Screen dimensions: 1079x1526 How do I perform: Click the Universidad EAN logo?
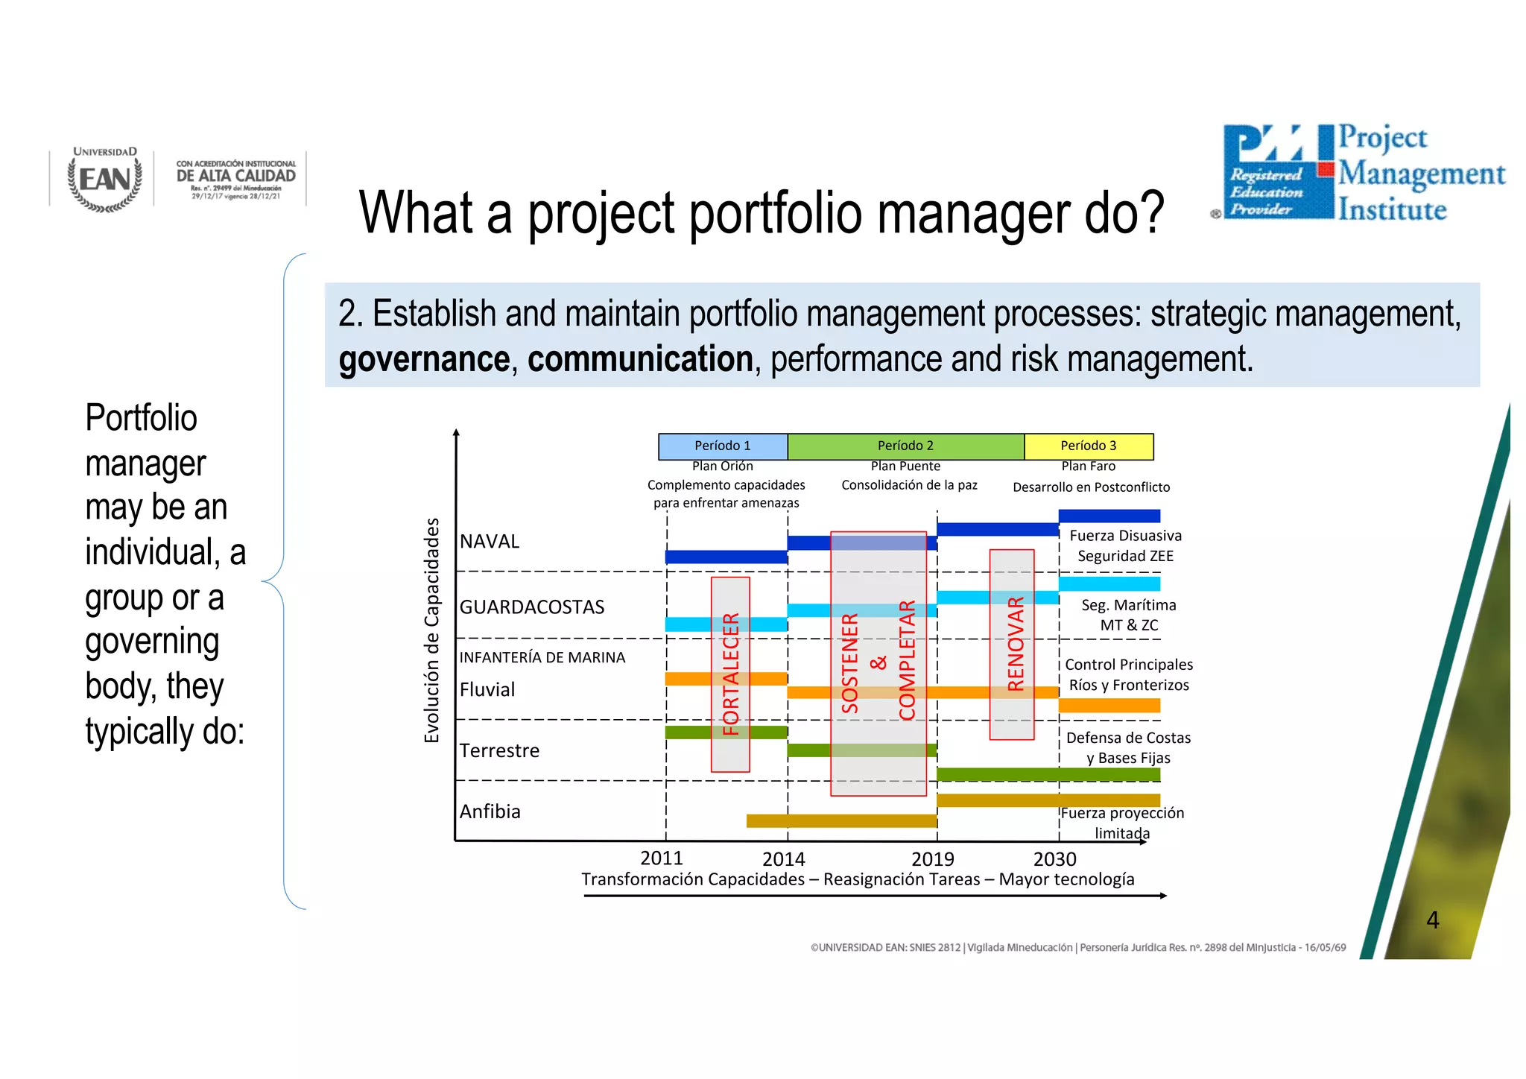click(x=104, y=179)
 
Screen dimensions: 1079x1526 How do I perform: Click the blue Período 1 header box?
click(x=722, y=446)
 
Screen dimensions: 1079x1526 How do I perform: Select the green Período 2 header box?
click(x=905, y=446)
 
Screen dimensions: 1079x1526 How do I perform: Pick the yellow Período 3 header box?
click(x=1088, y=446)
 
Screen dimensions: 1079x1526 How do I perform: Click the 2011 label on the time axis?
click(x=661, y=858)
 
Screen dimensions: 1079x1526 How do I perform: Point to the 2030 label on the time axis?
click(x=1054, y=859)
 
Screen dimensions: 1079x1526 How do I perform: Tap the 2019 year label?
click(x=932, y=859)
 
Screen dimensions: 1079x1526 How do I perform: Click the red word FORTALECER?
click(x=731, y=674)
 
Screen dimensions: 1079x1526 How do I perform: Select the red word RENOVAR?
click(x=1016, y=644)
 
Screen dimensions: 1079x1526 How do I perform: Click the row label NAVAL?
click(x=490, y=542)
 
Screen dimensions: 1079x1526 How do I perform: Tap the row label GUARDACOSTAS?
click(x=532, y=607)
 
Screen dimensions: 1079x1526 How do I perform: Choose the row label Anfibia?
click(x=490, y=811)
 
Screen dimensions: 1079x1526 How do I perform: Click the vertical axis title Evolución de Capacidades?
click(x=431, y=630)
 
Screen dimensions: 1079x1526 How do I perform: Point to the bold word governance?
click(x=424, y=359)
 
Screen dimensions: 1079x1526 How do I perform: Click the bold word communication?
click(x=640, y=359)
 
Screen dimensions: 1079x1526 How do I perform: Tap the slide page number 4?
click(x=1432, y=920)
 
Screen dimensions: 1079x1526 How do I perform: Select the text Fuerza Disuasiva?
click(x=1125, y=536)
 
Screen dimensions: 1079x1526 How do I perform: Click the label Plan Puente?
click(x=905, y=466)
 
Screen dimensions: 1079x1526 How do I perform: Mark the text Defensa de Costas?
click(x=1128, y=738)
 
